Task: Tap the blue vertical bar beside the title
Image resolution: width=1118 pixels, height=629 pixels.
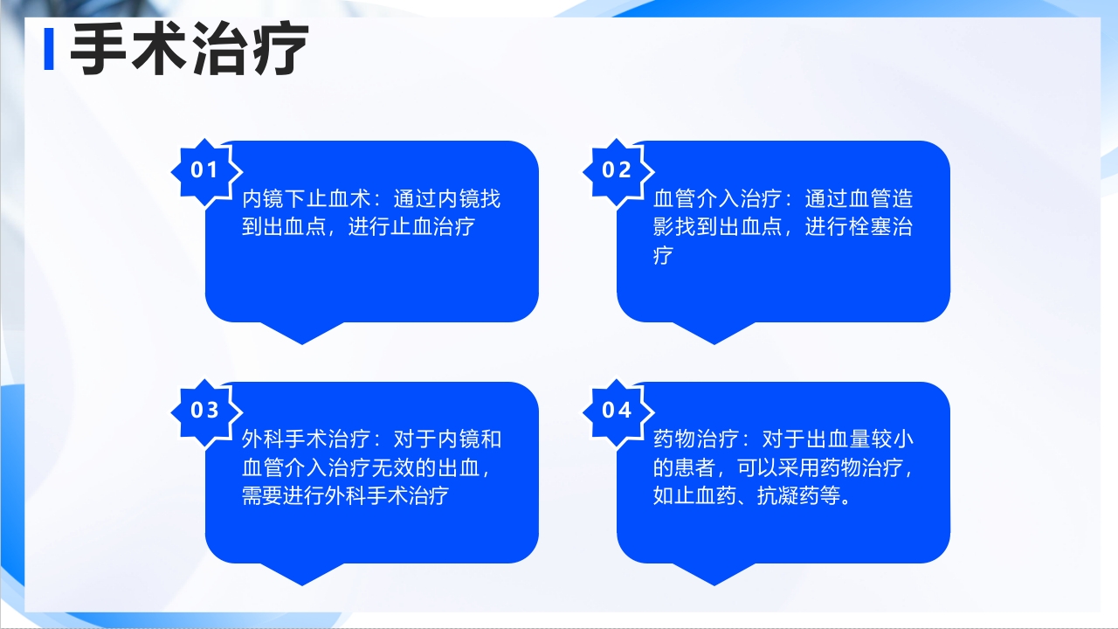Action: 49,50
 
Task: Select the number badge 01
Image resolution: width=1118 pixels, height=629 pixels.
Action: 204,170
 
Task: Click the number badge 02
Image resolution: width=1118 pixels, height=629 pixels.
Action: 617,170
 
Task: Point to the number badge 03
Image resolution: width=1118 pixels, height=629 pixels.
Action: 204,410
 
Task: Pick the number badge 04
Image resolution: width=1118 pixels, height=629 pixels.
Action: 617,410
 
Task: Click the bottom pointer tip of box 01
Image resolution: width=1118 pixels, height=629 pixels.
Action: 302,342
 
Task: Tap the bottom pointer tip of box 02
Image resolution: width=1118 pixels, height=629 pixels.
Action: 714,342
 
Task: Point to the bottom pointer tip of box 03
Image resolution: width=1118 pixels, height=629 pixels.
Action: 302,583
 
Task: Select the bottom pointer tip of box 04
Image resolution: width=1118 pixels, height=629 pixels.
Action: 714,583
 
